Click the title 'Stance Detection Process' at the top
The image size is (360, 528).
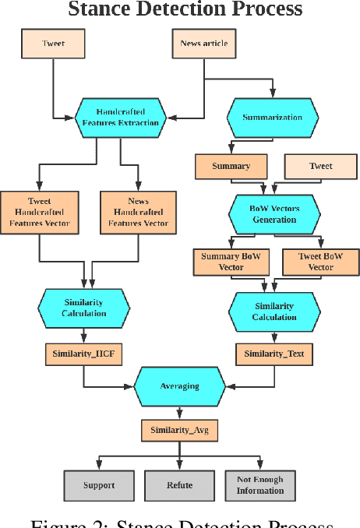(x=185, y=9)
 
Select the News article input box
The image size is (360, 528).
(x=205, y=44)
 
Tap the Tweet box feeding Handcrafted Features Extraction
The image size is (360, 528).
(x=53, y=44)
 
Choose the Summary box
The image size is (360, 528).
(x=231, y=166)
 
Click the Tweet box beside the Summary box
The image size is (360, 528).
(x=320, y=166)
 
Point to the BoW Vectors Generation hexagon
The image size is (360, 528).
(x=274, y=214)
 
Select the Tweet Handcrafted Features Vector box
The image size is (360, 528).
(x=40, y=212)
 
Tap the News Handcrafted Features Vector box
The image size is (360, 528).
(x=138, y=212)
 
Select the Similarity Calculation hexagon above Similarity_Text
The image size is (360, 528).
(x=274, y=312)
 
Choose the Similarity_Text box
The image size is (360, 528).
(x=274, y=354)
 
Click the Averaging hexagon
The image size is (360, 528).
(x=179, y=385)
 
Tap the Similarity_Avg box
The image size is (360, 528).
(x=179, y=429)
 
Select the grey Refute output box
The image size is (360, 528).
(x=179, y=485)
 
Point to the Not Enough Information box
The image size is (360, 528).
(x=260, y=485)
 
